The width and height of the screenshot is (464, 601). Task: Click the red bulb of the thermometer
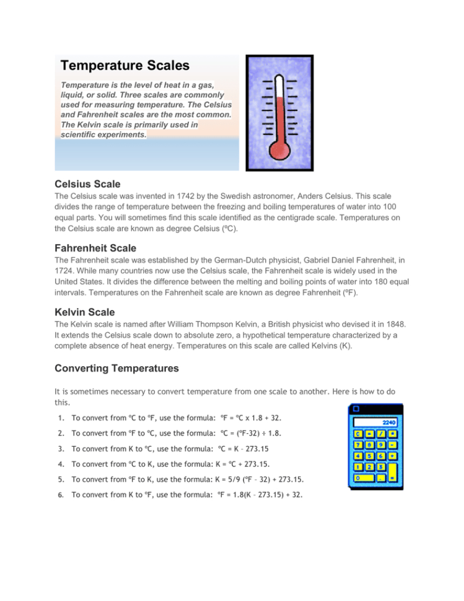[279, 150]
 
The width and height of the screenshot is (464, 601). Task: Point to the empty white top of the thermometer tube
[279, 86]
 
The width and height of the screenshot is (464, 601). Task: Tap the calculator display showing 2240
[375, 423]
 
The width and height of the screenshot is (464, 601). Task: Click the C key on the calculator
[358, 434]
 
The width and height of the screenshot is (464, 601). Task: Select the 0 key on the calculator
[364, 478]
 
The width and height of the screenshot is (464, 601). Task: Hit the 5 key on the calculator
[369, 456]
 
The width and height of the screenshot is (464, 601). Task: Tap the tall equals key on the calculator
[392, 472]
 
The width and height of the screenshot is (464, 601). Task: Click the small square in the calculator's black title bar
[356, 409]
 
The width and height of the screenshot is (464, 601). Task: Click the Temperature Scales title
[125, 65]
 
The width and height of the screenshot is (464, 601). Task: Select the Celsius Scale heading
[87, 184]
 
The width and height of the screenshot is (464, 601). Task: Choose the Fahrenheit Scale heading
[95, 248]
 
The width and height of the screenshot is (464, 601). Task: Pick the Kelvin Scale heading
[85, 312]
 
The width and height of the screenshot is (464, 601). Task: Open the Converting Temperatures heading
[116, 368]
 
